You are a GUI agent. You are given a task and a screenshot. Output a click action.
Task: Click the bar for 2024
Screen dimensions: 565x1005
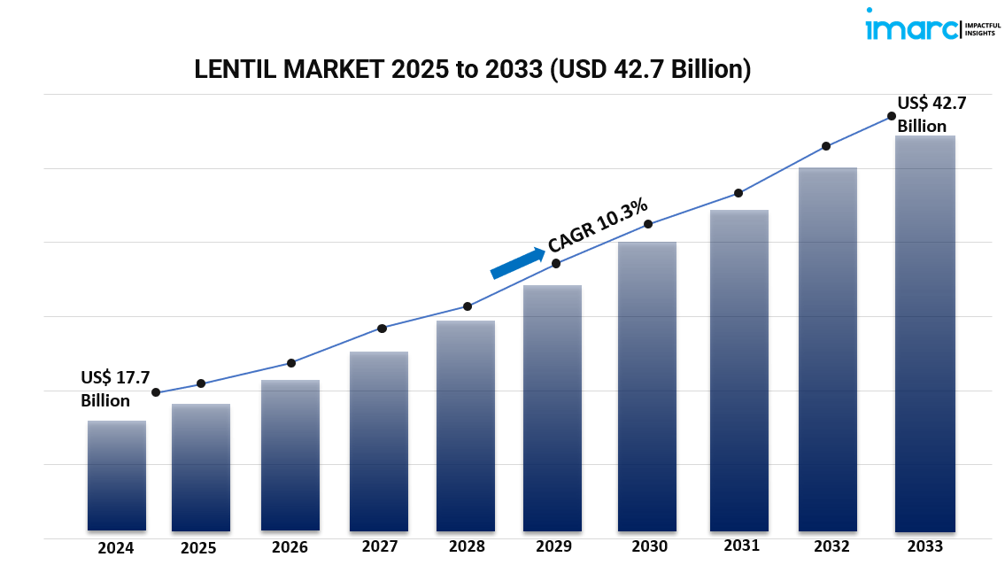point(117,476)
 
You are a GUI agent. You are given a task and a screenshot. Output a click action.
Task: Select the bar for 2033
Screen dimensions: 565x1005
point(924,334)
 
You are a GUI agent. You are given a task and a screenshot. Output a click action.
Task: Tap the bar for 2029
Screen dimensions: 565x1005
point(553,408)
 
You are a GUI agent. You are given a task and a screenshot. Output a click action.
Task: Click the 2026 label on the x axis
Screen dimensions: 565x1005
point(290,547)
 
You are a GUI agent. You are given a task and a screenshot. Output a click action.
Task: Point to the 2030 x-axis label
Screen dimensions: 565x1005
point(649,546)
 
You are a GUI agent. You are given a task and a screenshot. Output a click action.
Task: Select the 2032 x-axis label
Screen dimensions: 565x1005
point(831,546)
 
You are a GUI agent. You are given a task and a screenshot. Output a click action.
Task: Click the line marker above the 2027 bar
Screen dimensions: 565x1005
point(382,329)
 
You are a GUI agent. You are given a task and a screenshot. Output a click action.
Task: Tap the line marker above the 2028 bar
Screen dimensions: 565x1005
point(468,306)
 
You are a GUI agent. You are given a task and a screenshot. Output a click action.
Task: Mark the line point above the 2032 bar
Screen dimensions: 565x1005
point(826,146)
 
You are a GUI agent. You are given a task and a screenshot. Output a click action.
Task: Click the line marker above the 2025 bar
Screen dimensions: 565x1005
point(201,383)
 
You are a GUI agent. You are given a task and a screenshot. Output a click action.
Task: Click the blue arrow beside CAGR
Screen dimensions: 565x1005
point(517,263)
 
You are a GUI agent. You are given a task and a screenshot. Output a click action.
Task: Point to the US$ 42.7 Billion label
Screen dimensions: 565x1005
point(932,114)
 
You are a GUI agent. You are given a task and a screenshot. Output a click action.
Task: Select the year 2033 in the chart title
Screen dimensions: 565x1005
point(512,70)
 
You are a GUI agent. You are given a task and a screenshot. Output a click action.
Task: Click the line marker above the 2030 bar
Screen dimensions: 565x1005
point(648,224)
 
